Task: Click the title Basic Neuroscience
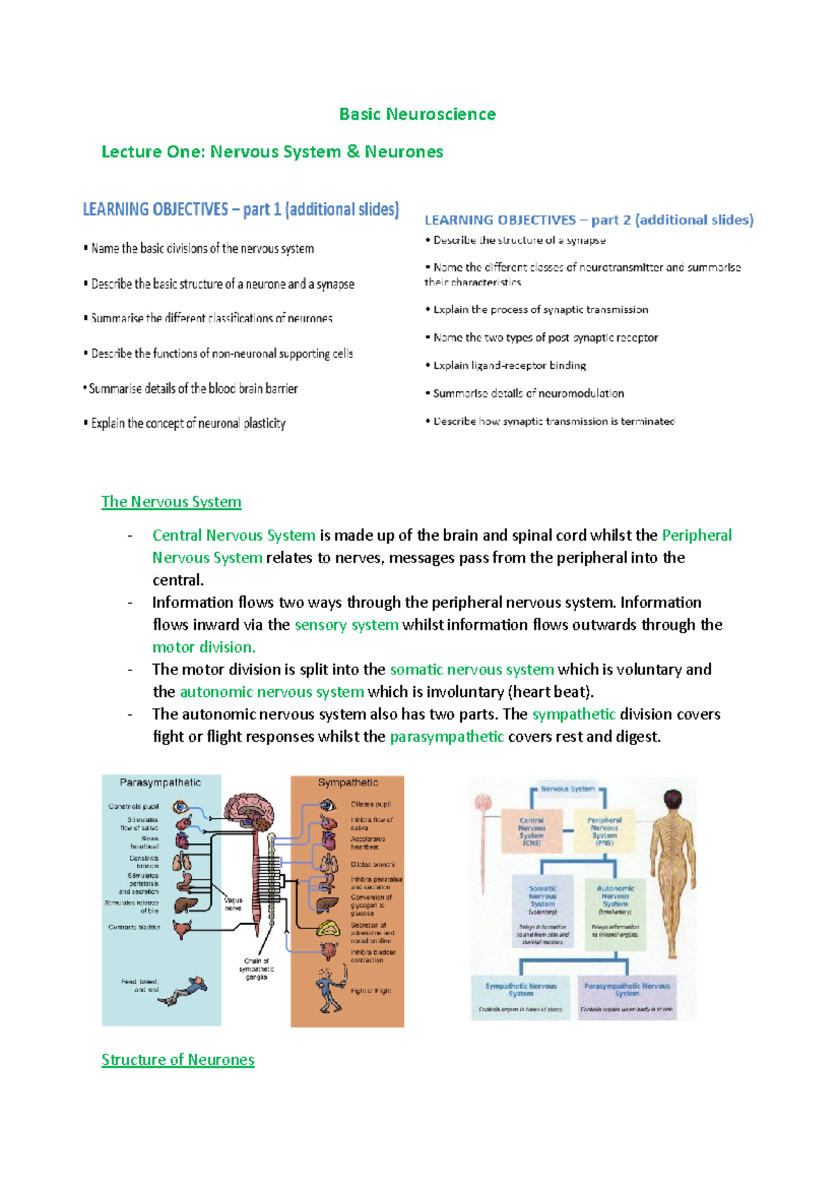[417, 114]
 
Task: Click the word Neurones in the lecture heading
[403, 152]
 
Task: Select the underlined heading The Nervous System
[171, 502]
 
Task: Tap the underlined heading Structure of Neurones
[178, 1059]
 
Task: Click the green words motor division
[204, 647]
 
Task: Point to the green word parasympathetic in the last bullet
[447, 737]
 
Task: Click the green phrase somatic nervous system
[472, 670]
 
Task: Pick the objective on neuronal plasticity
[188, 423]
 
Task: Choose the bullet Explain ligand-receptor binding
[509, 365]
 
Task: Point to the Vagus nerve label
[233, 904]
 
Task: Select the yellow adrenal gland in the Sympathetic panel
[328, 928]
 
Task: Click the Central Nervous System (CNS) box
[531, 831]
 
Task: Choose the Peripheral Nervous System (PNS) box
[604, 831]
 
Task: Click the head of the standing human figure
[673, 799]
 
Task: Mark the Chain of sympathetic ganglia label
[257, 969]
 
